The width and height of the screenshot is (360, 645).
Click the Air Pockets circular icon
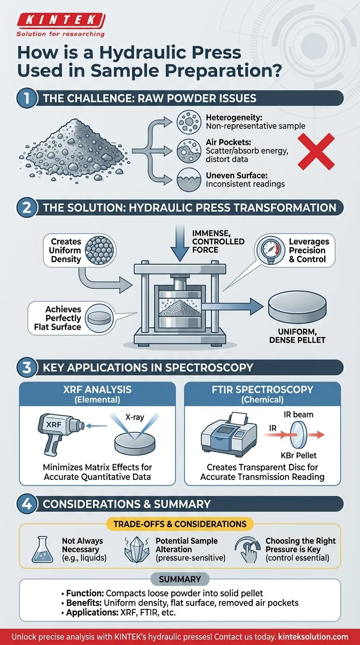188,151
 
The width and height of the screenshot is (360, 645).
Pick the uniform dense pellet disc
297,311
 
